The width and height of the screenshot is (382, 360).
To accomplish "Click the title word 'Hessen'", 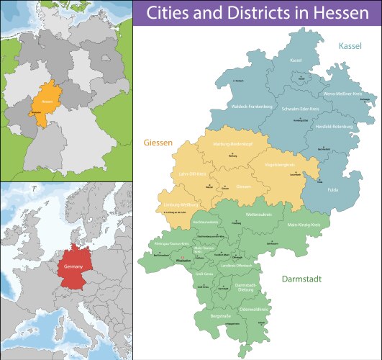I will click(x=340, y=14).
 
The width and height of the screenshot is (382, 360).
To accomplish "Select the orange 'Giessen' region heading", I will click(x=158, y=143).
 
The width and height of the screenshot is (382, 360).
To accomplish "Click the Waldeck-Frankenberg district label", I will click(x=232, y=107).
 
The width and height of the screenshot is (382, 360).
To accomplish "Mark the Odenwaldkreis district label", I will click(x=253, y=309).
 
